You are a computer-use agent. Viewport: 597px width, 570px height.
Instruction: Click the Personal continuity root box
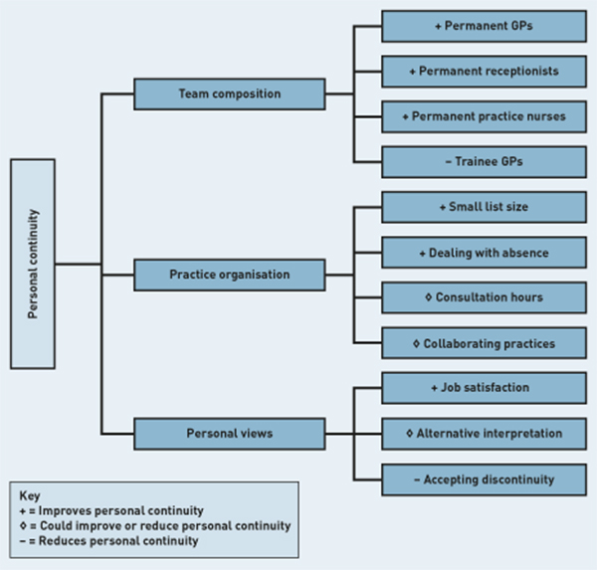[33, 264]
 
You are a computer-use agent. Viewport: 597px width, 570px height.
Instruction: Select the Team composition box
[230, 95]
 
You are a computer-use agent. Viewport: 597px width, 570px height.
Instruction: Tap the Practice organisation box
[230, 275]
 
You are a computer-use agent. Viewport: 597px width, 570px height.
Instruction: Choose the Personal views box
[230, 434]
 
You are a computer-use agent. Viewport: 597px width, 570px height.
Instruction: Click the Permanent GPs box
[484, 26]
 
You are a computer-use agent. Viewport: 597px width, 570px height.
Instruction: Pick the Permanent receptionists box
[484, 71]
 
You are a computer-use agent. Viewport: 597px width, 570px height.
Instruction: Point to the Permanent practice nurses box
[484, 116]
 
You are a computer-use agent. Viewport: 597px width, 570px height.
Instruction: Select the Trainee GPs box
[484, 161]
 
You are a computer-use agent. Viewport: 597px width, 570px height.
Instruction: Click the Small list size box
[484, 207]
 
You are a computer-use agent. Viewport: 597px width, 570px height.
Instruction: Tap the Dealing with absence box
[484, 253]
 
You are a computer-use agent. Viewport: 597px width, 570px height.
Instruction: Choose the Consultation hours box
[484, 297]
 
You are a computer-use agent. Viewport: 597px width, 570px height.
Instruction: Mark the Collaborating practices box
[484, 343]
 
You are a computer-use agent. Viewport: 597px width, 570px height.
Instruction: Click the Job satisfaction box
[484, 388]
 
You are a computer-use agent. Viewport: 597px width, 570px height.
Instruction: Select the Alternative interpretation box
[484, 434]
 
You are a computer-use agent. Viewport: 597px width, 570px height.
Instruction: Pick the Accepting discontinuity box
[484, 479]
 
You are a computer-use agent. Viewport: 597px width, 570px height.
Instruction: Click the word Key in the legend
[29, 494]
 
